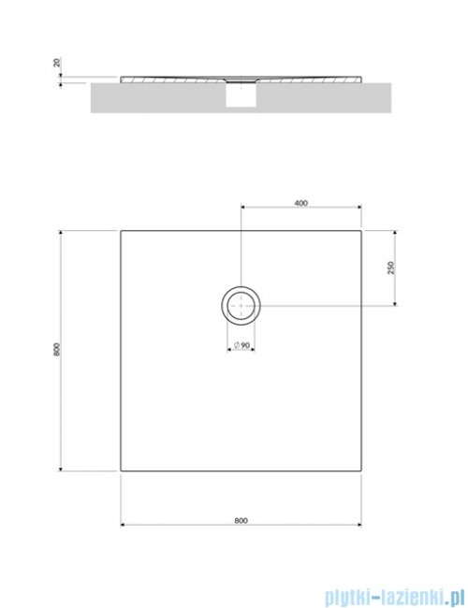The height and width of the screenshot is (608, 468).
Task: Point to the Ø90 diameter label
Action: [241, 346]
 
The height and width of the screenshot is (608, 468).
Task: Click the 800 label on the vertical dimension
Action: [57, 350]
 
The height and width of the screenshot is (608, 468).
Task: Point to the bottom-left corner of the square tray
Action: [121, 470]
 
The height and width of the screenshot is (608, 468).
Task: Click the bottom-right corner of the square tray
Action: [362, 470]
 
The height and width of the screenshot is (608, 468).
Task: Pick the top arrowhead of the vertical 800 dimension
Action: [63, 229]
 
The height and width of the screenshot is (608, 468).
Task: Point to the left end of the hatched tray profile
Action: [123, 80]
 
